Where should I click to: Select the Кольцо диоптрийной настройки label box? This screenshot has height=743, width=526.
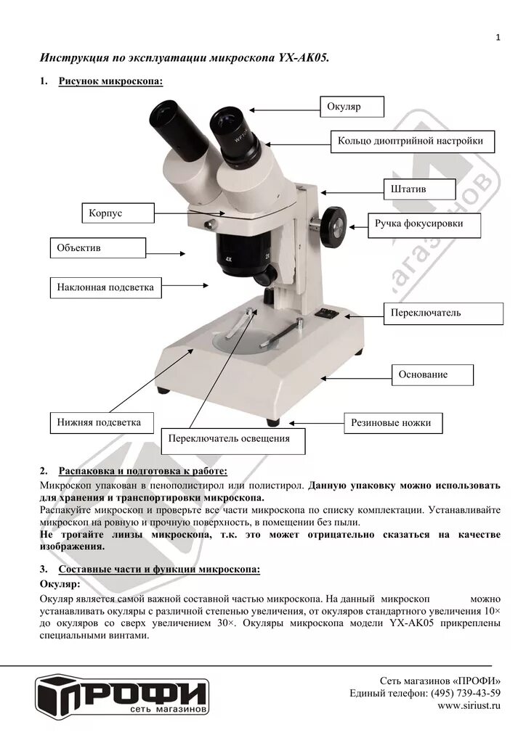click(412, 141)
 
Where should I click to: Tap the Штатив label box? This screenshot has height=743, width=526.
click(419, 189)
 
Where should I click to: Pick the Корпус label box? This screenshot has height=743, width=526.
click(117, 213)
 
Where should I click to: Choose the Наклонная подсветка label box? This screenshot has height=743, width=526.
click(106, 287)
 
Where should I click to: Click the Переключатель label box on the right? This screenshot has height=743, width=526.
click(443, 313)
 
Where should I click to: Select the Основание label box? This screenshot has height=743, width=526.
click(432, 374)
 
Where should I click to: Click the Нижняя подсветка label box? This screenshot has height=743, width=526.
click(95, 422)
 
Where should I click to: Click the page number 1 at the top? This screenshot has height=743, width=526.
click(498, 38)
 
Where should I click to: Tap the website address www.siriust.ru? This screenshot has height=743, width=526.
click(469, 705)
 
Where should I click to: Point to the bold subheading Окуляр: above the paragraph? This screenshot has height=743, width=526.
click(60, 583)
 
